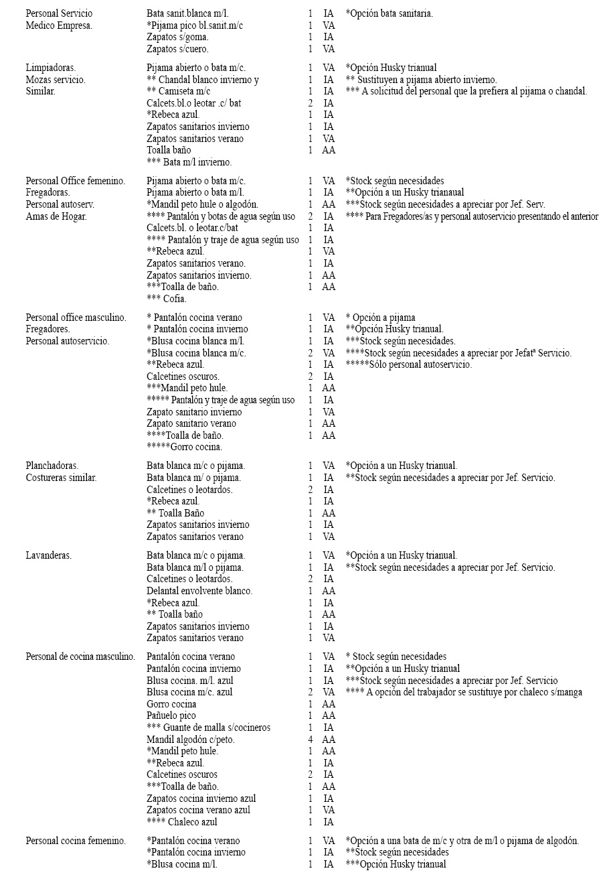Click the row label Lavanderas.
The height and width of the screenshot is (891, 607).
(x=48, y=555)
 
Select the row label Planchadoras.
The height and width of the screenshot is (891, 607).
(x=52, y=466)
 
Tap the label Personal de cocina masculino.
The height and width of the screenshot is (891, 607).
(x=80, y=657)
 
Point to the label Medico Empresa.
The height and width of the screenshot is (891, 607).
(x=59, y=25)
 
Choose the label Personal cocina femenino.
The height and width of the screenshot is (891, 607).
(x=76, y=841)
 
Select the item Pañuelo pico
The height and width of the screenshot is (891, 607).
(x=171, y=715)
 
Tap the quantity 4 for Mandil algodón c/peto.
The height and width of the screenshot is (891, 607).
(x=311, y=740)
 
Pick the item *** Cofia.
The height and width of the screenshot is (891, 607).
(x=167, y=299)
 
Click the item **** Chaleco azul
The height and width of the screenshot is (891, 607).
(x=182, y=822)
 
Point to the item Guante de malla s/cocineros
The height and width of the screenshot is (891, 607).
(x=209, y=728)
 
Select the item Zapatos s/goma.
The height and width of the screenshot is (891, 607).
(x=177, y=38)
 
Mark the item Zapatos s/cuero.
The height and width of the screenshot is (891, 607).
(x=177, y=49)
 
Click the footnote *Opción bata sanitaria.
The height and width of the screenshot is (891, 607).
(x=389, y=13)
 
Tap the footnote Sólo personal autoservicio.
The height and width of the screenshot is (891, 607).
(x=408, y=364)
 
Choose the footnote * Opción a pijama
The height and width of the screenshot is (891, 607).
(x=380, y=318)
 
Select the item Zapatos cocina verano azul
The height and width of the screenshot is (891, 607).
(x=198, y=810)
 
